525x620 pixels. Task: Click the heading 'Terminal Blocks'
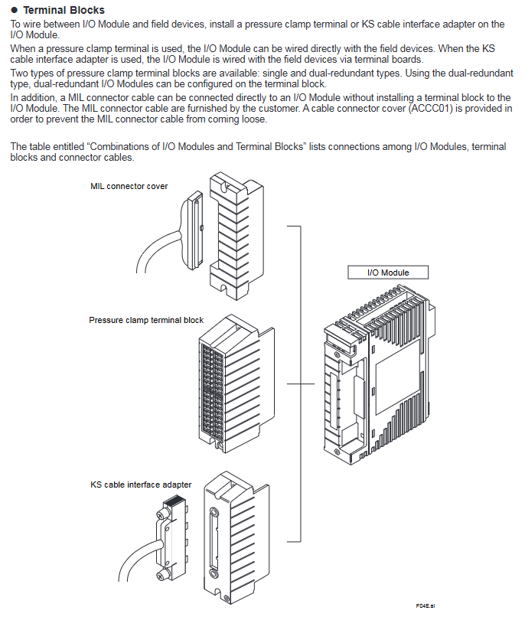pyautogui.click(x=64, y=10)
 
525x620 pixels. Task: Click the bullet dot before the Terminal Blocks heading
pyautogui.click(x=15, y=10)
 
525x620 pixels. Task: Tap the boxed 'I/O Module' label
pyautogui.click(x=388, y=272)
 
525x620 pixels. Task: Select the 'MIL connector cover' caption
pyautogui.click(x=129, y=186)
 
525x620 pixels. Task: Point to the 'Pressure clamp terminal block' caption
pyautogui.click(x=146, y=320)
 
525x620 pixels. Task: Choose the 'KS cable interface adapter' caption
pyautogui.click(x=141, y=485)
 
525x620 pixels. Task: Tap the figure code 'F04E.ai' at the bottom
pyautogui.click(x=426, y=605)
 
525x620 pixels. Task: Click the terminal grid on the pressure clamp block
pyautogui.click(x=210, y=390)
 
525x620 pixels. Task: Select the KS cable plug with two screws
pyautogui.click(x=171, y=540)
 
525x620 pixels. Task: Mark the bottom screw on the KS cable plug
pyautogui.click(x=162, y=575)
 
